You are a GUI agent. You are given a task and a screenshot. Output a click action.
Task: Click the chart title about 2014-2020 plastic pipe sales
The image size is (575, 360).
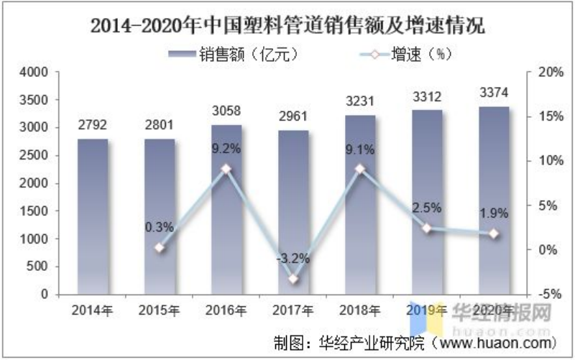287,27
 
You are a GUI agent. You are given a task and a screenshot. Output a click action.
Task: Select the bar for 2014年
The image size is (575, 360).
93,216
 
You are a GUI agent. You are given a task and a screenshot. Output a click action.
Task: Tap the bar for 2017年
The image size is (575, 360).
293,216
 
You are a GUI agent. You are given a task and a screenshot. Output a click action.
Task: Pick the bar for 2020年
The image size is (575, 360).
493,201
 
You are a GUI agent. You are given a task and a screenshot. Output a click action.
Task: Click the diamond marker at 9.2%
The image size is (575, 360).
226,169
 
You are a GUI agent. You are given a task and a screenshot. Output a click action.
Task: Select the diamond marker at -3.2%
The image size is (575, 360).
293,279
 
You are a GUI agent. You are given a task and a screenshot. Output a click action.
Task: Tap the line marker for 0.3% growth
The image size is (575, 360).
160,248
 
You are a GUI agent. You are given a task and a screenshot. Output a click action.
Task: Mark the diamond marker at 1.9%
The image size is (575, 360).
493,234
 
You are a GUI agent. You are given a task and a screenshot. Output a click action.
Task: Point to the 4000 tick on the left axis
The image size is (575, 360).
34,73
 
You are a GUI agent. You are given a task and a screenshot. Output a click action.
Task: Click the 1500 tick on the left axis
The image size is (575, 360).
34,211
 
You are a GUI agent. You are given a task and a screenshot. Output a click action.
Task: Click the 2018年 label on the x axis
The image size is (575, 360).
359,310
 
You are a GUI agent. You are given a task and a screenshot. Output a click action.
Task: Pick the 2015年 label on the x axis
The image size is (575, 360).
160,310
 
